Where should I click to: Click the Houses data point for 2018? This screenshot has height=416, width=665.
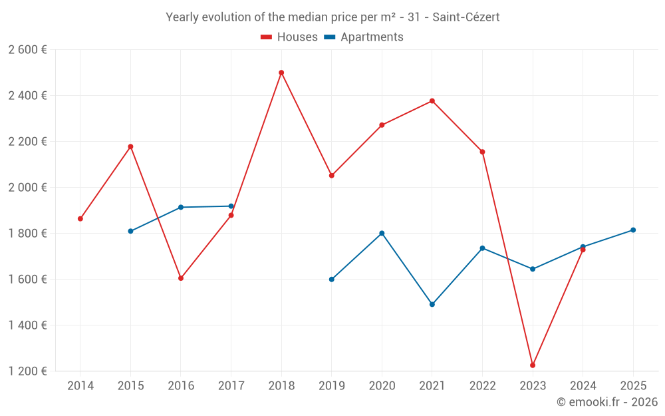(281, 73)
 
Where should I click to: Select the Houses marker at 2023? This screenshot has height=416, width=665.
(533, 365)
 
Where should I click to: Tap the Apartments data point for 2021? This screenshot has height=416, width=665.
(432, 304)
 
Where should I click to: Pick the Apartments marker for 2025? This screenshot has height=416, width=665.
(633, 230)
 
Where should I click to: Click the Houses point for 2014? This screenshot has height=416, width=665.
(80, 218)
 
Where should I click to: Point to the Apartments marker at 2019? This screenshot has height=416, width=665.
(332, 280)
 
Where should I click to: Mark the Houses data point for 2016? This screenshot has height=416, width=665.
(181, 278)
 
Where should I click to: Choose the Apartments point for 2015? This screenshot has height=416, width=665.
(130, 231)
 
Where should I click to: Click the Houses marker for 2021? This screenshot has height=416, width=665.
(432, 101)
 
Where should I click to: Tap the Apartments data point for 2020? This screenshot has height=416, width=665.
(382, 233)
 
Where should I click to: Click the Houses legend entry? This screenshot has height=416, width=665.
(289, 37)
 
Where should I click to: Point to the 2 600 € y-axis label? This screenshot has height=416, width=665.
(27, 49)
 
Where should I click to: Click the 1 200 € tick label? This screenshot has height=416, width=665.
(27, 371)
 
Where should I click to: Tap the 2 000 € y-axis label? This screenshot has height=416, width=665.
(27, 187)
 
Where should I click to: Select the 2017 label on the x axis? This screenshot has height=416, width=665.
(231, 386)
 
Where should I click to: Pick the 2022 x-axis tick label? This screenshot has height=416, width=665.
(482, 386)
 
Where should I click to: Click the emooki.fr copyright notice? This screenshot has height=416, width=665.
(606, 402)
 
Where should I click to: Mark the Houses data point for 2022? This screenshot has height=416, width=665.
(482, 152)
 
